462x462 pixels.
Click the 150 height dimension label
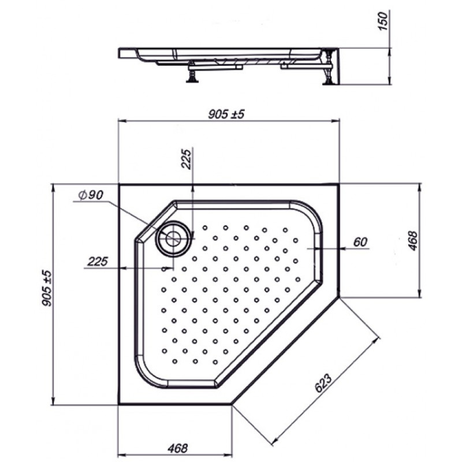pyautogui.click(x=383, y=21)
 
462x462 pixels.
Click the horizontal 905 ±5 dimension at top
pyautogui.click(x=226, y=114)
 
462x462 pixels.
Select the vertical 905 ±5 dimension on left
pyautogui.click(x=47, y=288)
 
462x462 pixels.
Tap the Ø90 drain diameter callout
pyautogui.click(x=91, y=195)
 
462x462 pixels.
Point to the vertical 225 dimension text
pyautogui.click(x=186, y=159)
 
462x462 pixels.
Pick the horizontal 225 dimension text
pyautogui.click(x=98, y=262)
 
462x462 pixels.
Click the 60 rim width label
pyautogui.click(x=360, y=242)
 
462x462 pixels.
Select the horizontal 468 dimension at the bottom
pyautogui.click(x=178, y=449)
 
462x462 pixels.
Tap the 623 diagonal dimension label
pyautogui.click(x=323, y=383)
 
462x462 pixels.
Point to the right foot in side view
pyautogui.click(x=328, y=68)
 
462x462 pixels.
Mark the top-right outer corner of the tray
pyautogui.click(x=340, y=184)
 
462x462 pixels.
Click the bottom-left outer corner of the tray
pyautogui.click(x=118, y=405)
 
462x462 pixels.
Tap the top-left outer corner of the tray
pyautogui.click(x=118, y=184)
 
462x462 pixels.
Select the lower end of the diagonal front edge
pyautogui.click(x=232, y=405)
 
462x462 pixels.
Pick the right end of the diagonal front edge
pyautogui.click(x=340, y=297)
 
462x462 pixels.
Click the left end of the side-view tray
pyautogui.click(x=119, y=53)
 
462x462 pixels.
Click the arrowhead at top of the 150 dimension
pyautogui.click(x=389, y=51)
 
